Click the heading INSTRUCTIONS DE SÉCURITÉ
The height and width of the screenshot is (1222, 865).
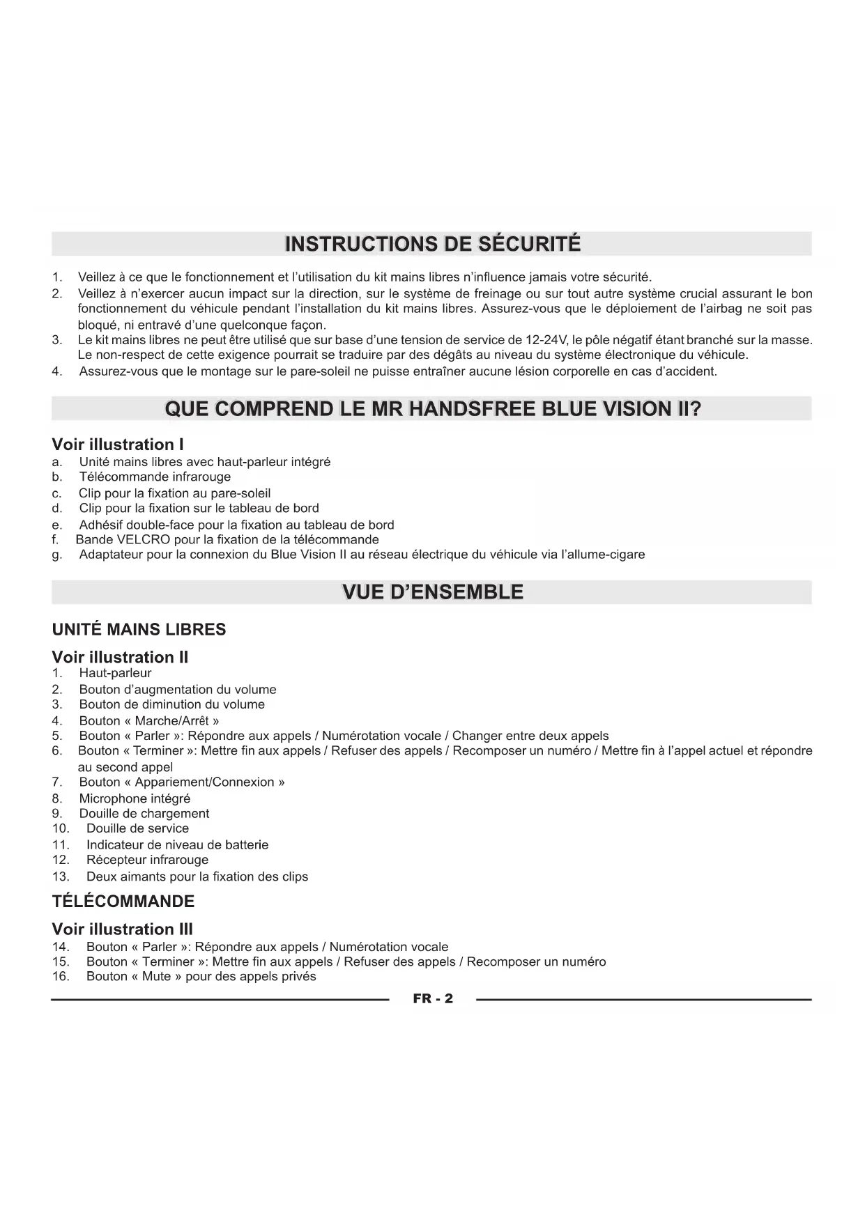coord(432,244)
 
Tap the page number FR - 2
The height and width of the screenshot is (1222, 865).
coord(432,998)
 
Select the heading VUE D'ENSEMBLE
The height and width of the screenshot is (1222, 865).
coord(432,592)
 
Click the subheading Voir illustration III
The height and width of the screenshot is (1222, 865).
coord(122,929)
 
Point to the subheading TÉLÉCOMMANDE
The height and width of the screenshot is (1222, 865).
coord(123,901)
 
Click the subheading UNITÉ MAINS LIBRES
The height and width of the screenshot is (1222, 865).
coord(139,630)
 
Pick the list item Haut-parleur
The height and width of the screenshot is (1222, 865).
coord(115,673)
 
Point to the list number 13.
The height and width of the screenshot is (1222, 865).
coord(61,876)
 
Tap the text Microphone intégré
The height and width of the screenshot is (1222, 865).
coord(135,798)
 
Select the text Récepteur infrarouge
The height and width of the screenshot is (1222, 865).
coord(147,860)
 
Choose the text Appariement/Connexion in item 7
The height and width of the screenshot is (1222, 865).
coord(205,782)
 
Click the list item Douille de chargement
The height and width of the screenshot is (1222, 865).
coord(144,813)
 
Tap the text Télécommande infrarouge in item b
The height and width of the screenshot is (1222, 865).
coord(155,477)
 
